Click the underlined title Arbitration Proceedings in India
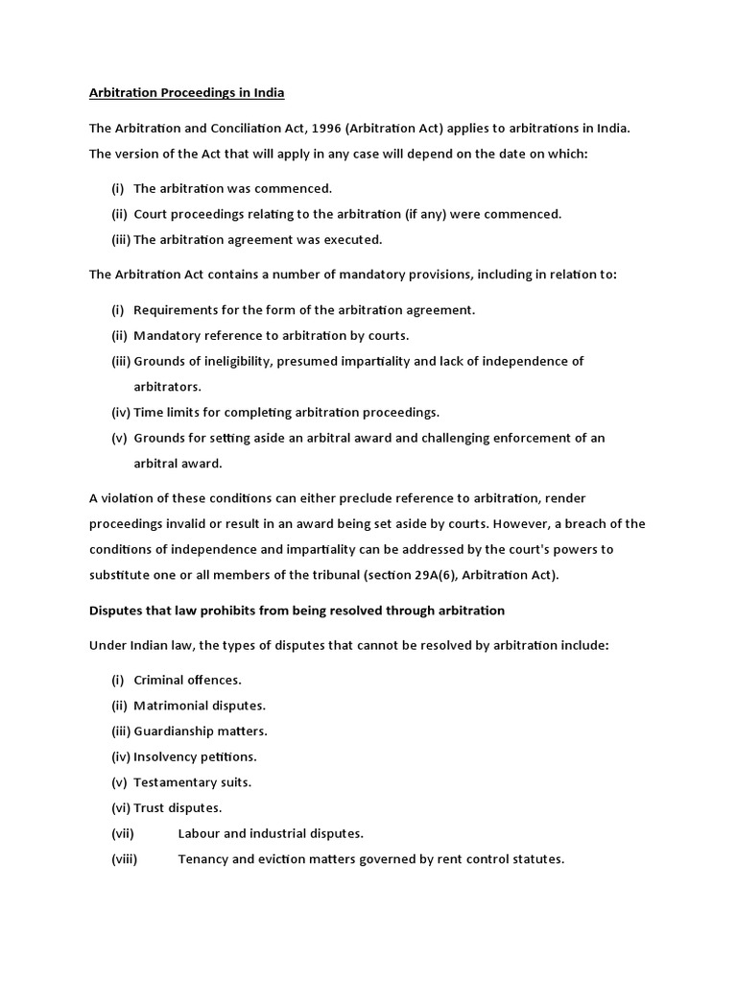[187, 93]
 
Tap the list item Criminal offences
[187, 680]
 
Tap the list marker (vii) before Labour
[124, 833]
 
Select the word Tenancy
[202, 859]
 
